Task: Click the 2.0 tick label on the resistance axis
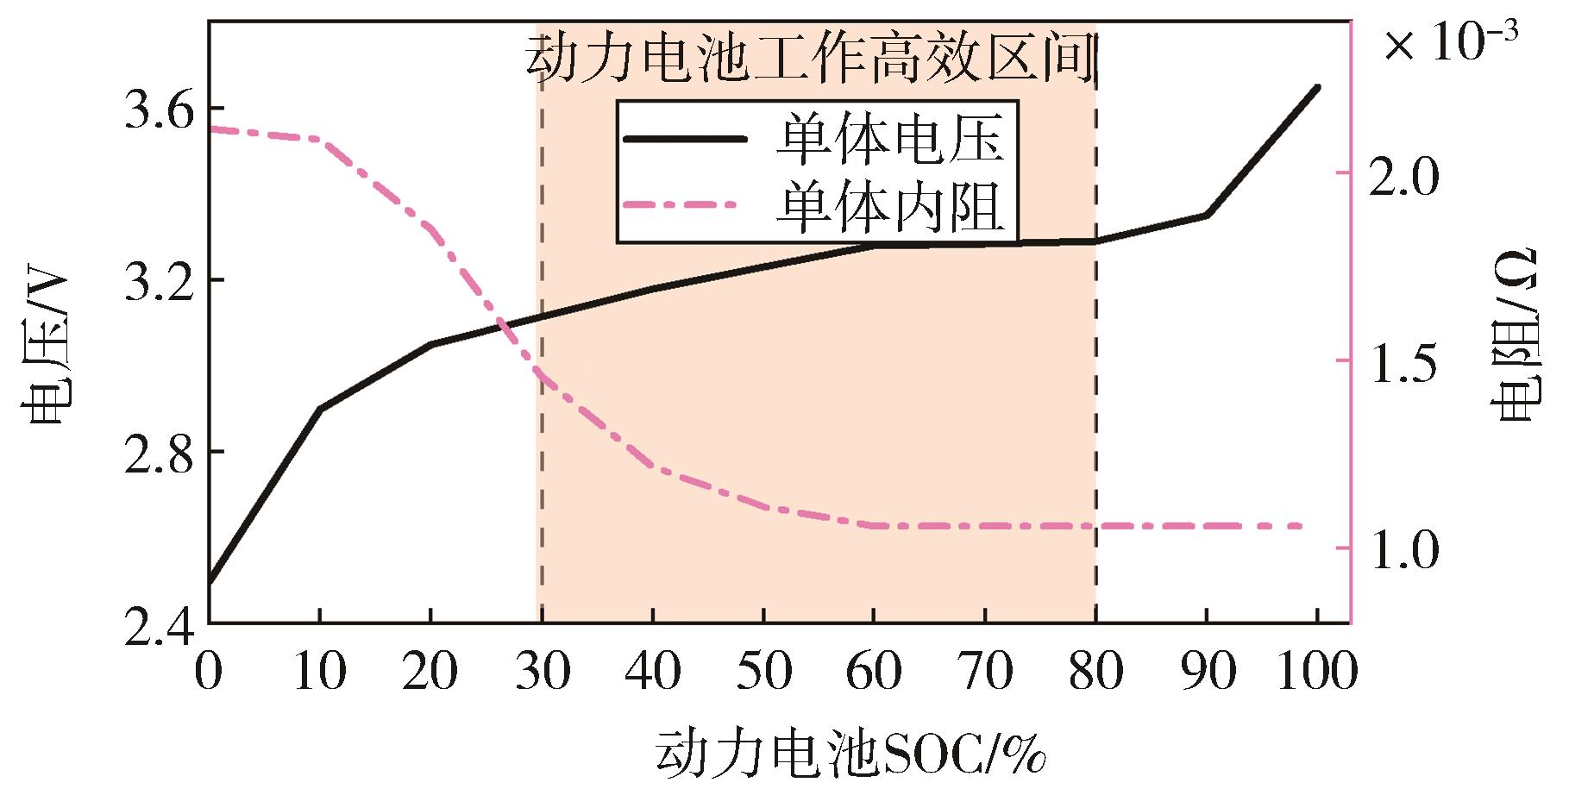[1404, 175]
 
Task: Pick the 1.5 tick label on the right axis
[1404, 363]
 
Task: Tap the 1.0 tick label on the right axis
[1404, 549]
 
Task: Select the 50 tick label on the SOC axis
[763, 672]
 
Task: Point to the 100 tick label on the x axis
[1316, 672]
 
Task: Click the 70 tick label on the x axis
[985, 672]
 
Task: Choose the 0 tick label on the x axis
[209, 672]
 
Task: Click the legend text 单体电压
[889, 139]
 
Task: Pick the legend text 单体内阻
[889, 205]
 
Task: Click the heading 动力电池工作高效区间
[811, 59]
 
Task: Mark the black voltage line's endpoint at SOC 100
[1317, 87]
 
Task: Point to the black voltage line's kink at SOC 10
[320, 408]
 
